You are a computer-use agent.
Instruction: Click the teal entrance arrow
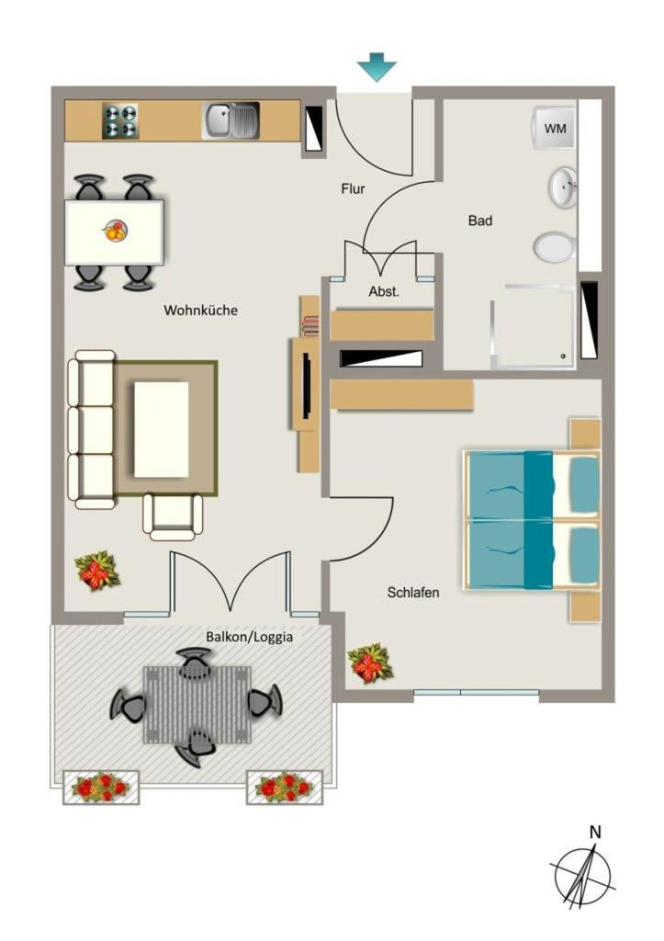377,66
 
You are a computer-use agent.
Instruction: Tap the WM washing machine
554,129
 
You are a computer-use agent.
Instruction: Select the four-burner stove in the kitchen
120,120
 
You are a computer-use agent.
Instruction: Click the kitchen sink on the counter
231,120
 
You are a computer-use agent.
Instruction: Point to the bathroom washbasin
563,187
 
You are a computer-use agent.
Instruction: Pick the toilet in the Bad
556,246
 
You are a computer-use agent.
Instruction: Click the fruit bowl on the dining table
116,231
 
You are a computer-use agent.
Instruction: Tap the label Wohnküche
200,311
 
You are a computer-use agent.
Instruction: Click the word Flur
353,189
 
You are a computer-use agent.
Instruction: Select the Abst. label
384,292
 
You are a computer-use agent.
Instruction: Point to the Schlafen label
412,593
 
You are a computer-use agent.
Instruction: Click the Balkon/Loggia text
250,637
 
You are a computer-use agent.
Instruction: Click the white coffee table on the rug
162,429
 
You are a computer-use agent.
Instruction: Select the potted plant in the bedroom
369,663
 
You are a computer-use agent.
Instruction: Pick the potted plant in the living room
96,571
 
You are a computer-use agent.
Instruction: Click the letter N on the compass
595,833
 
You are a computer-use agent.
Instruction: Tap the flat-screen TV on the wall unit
307,385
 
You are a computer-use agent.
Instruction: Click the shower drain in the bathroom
563,357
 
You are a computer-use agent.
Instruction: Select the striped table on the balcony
197,704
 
